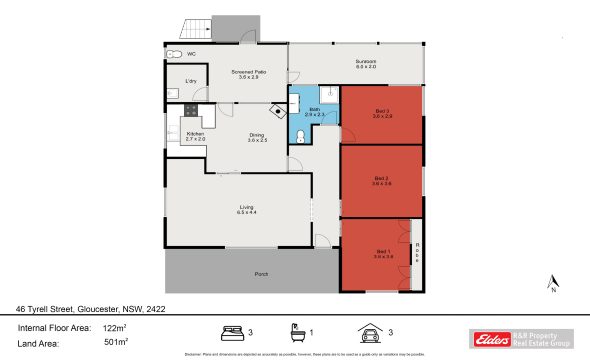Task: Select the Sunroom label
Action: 366,64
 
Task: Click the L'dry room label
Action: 190,81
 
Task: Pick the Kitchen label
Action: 196,135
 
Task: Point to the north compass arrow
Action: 551,280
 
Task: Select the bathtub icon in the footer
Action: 297,331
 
